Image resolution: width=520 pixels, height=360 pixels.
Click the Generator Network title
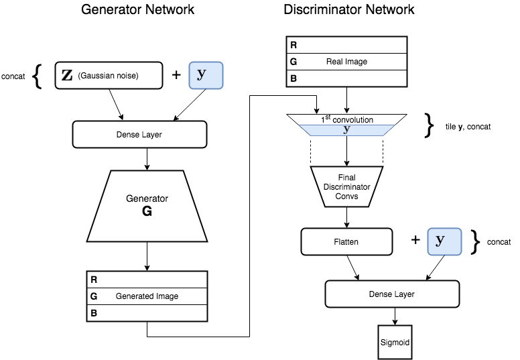point(137,10)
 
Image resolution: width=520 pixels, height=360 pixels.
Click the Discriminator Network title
point(348,10)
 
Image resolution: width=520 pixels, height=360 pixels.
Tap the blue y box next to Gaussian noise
point(205,75)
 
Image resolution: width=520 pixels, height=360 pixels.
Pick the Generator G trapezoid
point(147,205)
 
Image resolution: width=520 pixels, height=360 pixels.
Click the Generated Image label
point(147,296)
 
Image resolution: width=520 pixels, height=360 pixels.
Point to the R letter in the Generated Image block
point(94,279)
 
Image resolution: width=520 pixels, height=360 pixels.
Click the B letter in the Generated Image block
point(94,312)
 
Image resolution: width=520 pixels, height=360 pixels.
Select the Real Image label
point(346,62)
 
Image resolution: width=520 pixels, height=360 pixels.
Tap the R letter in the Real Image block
point(294,46)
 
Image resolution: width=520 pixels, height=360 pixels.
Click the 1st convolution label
point(346,119)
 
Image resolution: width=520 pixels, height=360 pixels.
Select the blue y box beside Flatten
point(445,241)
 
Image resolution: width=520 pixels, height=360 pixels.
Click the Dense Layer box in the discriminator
point(392,294)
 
